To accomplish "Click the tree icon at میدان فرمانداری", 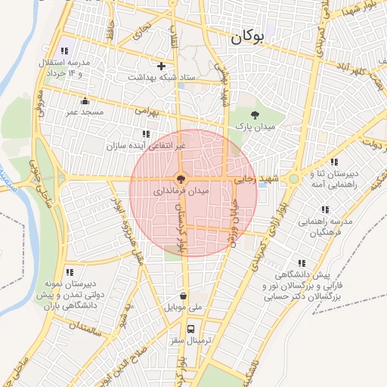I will click(x=180, y=179).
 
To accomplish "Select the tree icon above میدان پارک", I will click(x=254, y=115).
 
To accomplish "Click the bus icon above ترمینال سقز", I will click(x=190, y=329).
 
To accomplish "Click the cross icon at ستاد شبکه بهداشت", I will click(x=161, y=66).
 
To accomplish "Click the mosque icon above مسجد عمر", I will click(x=84, y=101).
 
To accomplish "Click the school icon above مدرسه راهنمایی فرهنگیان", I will click(x=325, y=209).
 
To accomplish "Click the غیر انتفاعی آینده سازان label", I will click(x=146, y=144).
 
